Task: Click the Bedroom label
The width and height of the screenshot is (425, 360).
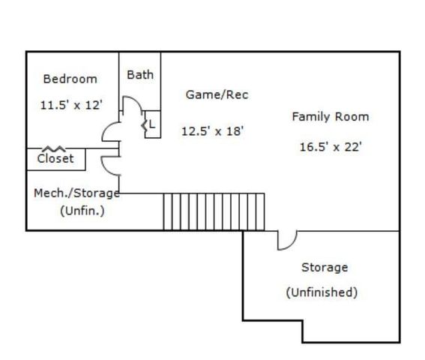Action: tap(70, 79)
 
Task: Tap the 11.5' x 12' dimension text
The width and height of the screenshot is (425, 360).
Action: tap(71, 105)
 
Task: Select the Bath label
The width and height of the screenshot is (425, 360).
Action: tap(140, 74)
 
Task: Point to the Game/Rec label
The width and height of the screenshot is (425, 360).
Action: tap(217, 94)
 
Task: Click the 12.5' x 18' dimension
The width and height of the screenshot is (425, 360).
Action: tap(213, 131)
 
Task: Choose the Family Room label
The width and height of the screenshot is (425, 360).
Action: tap(331, 117)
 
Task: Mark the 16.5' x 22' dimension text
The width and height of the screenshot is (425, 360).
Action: tap(331, 147)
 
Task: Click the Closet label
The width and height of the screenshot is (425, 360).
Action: tap(55, 158)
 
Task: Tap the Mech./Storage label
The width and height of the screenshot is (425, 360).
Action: tap(76, 193)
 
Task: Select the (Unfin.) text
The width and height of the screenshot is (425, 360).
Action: tap(82, 211)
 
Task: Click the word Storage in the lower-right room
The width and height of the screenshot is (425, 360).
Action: tap(325, 268)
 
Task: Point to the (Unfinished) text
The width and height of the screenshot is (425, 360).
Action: tap(322, 292)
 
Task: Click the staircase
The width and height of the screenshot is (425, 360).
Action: tap(214, 212)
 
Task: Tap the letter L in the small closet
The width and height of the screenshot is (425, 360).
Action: tap(152, 124)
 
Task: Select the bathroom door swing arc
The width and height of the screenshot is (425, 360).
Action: tap(136, 100)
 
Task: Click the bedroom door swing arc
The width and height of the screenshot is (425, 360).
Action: tap(107, 127)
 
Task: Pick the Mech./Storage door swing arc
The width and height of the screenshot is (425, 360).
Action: tap(106, 169)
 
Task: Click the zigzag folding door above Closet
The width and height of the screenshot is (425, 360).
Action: tap(54, 148)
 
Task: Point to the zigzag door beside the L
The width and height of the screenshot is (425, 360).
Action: tap(145, 125)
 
